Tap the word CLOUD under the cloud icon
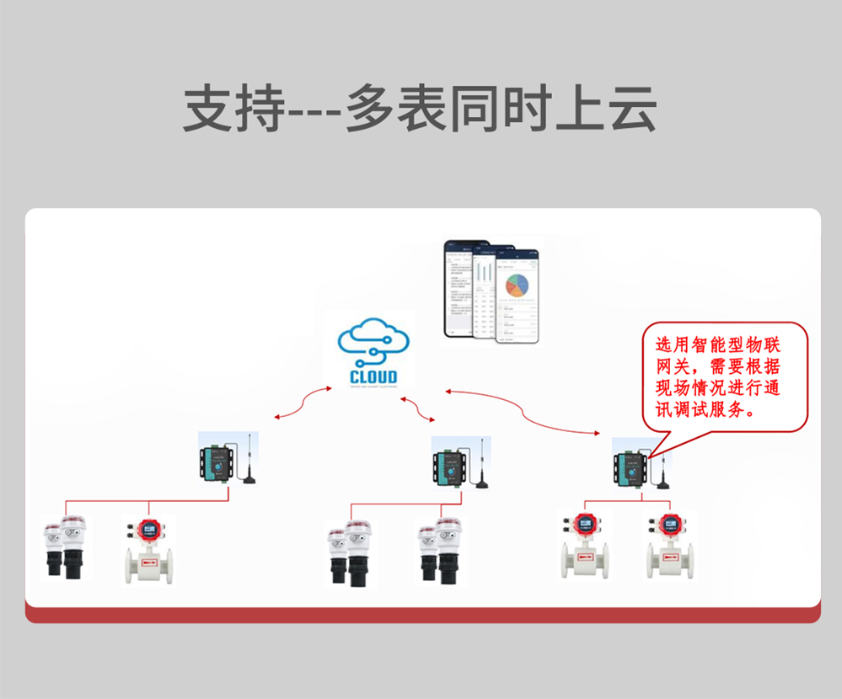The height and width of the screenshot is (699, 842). pos(373,376)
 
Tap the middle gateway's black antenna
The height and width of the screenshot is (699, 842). pos(481,467)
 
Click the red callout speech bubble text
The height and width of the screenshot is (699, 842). pos(725,378)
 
